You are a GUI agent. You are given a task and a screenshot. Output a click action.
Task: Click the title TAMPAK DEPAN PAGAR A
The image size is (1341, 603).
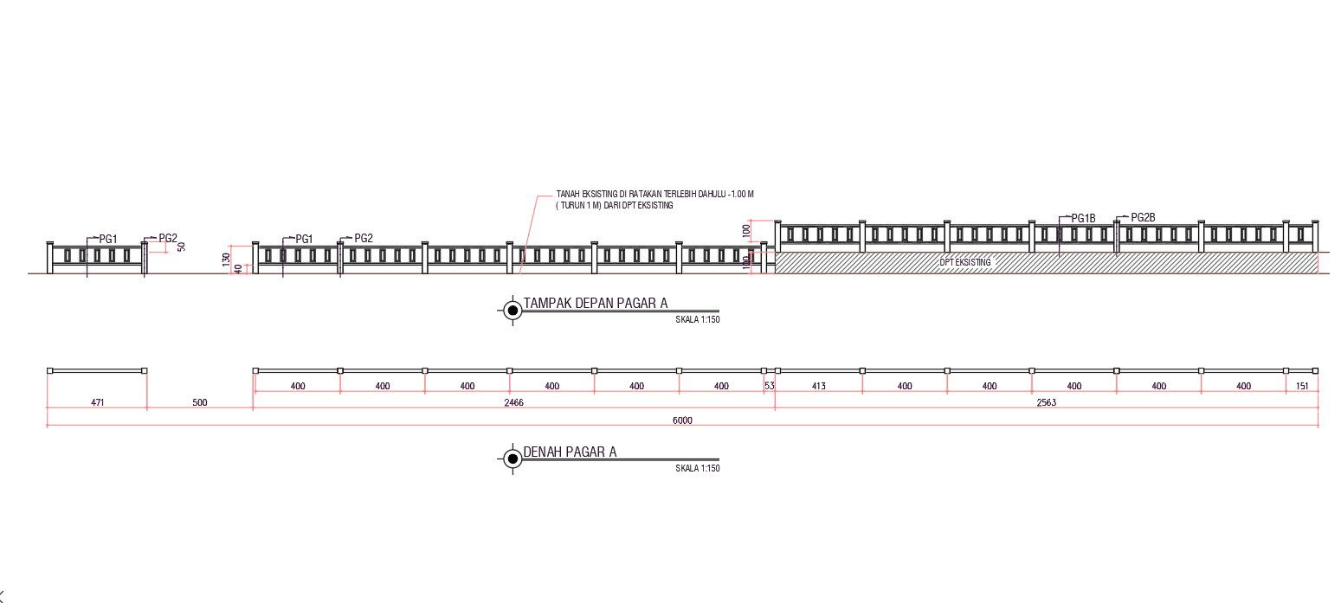596,304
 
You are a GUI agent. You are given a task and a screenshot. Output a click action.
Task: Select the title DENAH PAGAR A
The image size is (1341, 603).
570,452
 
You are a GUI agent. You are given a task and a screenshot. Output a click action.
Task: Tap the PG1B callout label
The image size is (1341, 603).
1083,219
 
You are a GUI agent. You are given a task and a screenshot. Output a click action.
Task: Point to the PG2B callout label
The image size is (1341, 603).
1143,218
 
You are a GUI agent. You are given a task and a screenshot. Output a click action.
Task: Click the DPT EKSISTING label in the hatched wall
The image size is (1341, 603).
965,262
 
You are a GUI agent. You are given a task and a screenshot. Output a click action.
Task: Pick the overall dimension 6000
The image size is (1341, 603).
682,420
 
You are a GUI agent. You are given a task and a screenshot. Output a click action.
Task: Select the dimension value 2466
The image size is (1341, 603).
514,402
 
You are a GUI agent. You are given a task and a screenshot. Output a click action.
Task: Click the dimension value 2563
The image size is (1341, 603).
1046,402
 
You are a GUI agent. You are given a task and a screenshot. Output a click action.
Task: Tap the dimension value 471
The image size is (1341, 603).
97,402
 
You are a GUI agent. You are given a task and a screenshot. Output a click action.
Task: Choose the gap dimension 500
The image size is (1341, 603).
200,402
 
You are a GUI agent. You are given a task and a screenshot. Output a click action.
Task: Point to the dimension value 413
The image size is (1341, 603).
818,386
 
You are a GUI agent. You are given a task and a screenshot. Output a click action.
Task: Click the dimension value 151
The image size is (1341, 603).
1302,386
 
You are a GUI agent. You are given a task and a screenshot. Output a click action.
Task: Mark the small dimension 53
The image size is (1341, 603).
769,386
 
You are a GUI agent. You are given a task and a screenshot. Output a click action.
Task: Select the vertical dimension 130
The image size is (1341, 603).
227,258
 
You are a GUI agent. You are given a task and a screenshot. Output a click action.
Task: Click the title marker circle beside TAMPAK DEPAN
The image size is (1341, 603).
512,310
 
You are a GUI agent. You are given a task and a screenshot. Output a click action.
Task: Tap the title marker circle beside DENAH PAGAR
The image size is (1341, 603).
512,459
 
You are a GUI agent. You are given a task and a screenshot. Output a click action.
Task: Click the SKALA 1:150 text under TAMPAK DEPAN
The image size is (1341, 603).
698,319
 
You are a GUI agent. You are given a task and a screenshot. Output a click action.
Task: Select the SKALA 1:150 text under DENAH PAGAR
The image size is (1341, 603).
698,468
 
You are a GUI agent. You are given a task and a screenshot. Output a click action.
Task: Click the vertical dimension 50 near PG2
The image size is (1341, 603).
182,246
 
